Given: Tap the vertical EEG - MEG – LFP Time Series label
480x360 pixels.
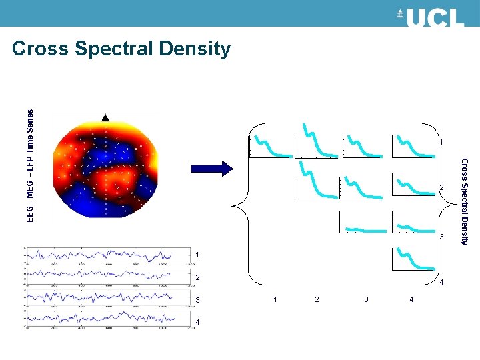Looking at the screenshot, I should click(x=30, y=165).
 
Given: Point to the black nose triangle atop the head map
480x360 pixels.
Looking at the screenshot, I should click(x=105, y=117).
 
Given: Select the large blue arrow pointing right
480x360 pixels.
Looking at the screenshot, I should click(x=213, y=168).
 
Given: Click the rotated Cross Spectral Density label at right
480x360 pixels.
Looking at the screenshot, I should click(x=465, y=201).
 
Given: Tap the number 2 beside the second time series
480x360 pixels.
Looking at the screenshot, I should click(x=198, y=278).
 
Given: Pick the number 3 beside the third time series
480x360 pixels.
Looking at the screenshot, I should click(x=198, y=301).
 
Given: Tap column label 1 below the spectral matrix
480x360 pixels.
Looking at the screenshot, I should click(x=275, y=299).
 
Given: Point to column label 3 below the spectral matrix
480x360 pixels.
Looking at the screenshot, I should click(x=366, y=299).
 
